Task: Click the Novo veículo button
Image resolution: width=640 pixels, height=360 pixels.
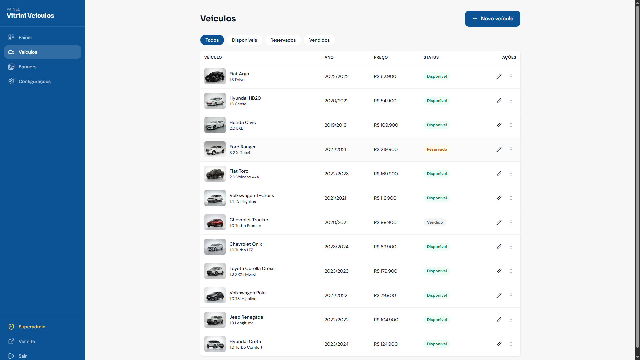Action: tap(492, 19)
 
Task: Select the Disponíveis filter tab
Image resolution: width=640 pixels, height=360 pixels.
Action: tap(244, 40)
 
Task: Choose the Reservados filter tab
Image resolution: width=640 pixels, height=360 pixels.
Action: tap(283, 40)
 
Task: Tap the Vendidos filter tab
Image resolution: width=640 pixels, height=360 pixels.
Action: tap(319, 40)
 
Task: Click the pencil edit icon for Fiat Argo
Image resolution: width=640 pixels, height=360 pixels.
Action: tap(499, 76)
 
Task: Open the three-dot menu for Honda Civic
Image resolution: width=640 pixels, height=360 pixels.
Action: tap(511, 125)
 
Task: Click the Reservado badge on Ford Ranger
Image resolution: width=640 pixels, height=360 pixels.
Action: tap(437, 149)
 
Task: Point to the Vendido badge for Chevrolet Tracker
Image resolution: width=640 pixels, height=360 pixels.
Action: tap(435, 222)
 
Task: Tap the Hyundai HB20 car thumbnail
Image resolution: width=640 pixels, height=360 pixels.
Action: tap(215, 101)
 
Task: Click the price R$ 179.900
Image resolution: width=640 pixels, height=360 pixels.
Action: tap(386, 271)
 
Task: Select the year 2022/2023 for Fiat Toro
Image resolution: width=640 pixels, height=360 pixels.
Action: tap(337, 174)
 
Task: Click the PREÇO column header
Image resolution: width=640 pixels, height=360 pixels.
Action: tap(381, 57)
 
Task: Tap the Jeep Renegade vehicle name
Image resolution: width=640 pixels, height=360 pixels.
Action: tap(246, 317)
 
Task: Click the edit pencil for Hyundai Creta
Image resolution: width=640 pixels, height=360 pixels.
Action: tap(499, 344)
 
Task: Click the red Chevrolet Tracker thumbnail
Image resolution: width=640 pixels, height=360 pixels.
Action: tap(215, 222)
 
